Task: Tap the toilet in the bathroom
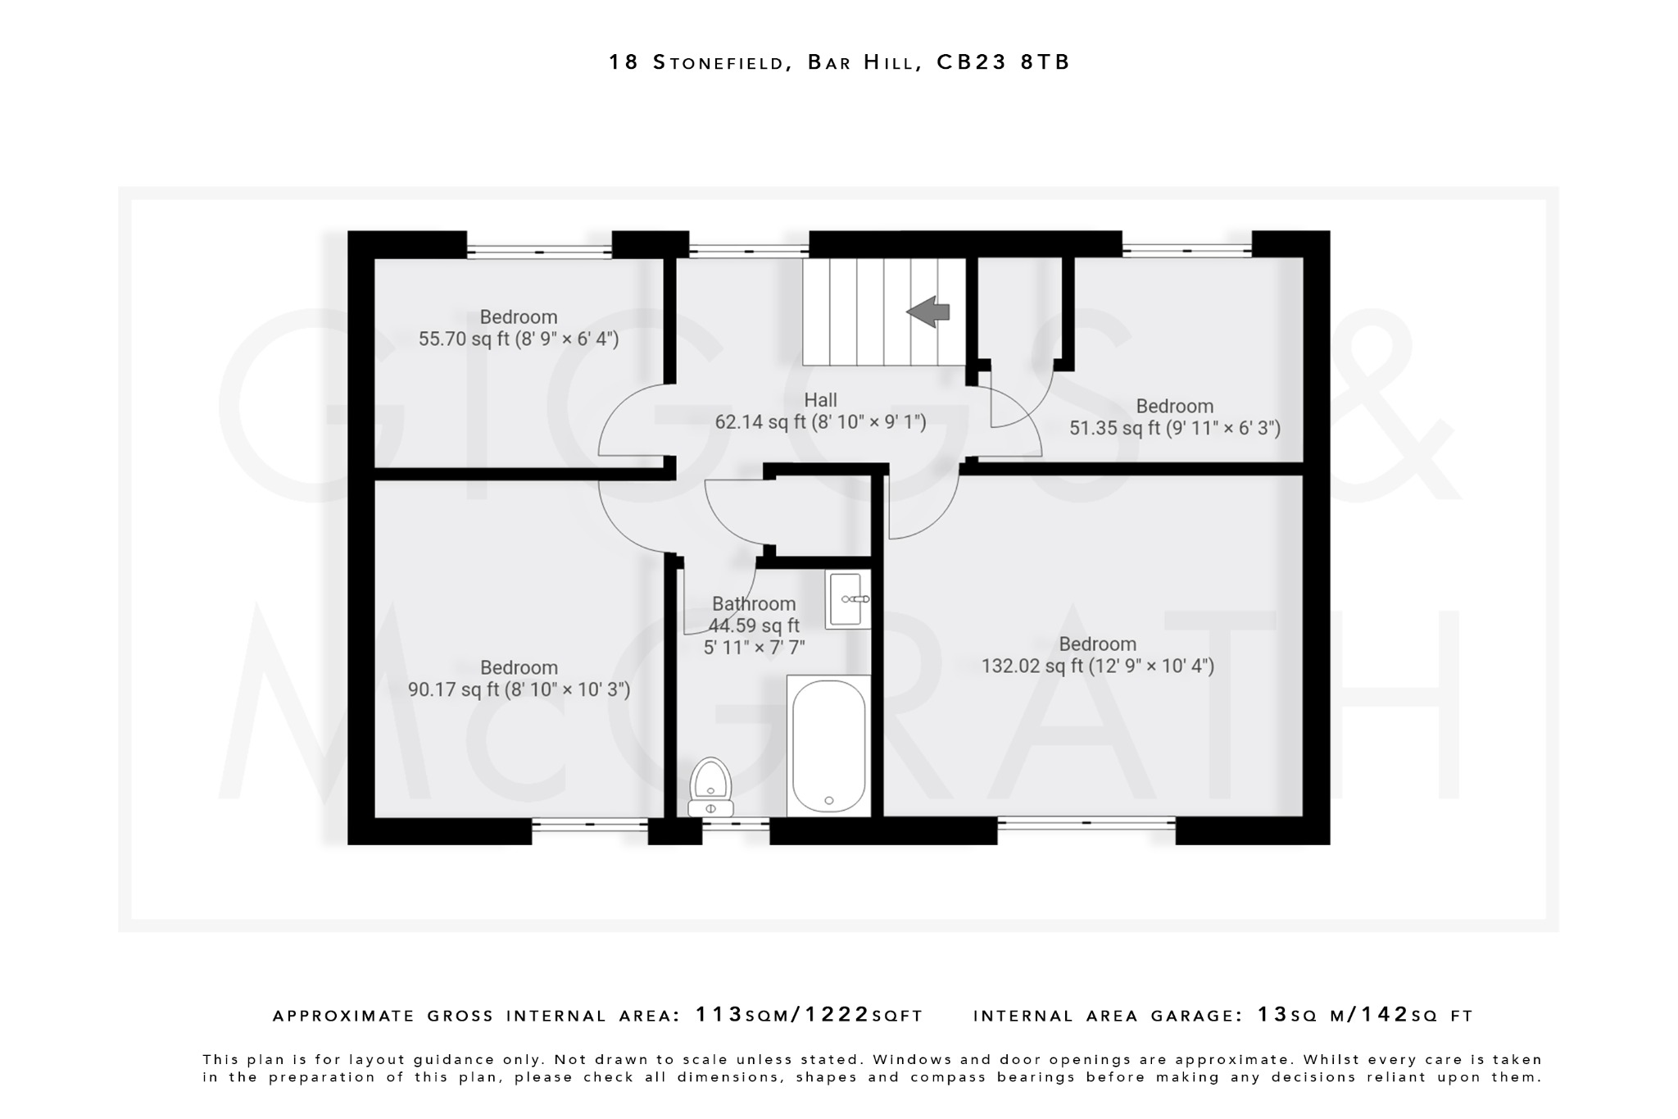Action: click(x=710, y=786)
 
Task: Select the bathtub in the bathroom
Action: click(x=828, y=745)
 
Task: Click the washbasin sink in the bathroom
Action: click(x=847, y=599)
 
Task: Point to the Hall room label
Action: click(x=820, y=400)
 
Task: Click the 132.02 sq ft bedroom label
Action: click(x=1097, y=655)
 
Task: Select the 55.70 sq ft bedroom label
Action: click(x=519, y=328)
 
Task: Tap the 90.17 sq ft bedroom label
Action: click(x=519, y=679)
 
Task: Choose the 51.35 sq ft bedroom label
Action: click(x=1174, y=417)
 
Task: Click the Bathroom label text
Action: click(x=754, y=604)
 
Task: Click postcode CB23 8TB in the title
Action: click(x=1003, y=62)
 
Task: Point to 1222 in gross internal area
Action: click(x=837, y=1015)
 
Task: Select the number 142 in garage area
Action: click(x=1384, y=1015)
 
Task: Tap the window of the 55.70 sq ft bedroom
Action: click(x=539, y=251)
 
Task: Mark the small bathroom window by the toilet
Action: click(x=735, y=823)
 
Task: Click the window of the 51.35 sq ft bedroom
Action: click(x=1186, y=250)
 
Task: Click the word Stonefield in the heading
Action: click(x=719, y=62)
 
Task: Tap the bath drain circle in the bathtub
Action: click(x=829, y=800)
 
